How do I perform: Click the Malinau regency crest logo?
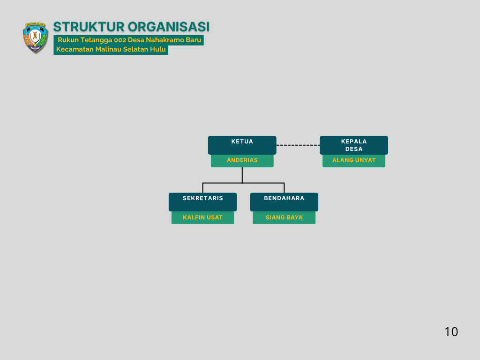click(x=36, y=37)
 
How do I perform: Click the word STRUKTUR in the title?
click(x=89, y=27)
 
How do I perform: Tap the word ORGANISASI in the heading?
click(x=169, y=27)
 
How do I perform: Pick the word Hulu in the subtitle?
click(x=158, y=49)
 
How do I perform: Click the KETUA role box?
click(x=242, y=145)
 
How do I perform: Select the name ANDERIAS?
click(x=242, y=160)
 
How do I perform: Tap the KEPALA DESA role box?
click(x=354, y=145)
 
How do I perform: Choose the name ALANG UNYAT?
click(x=354, y=160)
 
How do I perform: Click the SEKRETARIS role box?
click(x=202, y=202)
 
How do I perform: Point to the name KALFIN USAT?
click(x=202, y=217)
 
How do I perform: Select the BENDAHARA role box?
click(x=284, y=202)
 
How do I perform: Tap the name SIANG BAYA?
click(x=284, y=217)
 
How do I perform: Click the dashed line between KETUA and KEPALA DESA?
click(x=298, y=145)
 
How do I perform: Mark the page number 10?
click(x=451, y=332)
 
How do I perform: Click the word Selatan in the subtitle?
click(x=135, y=49)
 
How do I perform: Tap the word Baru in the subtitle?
click(x=193, y=40)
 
